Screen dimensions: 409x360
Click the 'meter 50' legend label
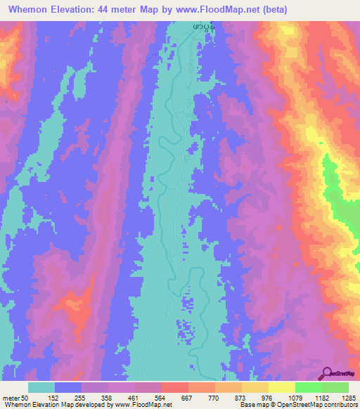click(15, 397)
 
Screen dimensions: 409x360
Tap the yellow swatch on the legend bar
click(281, 387)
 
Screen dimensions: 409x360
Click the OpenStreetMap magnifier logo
click(326, 374)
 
